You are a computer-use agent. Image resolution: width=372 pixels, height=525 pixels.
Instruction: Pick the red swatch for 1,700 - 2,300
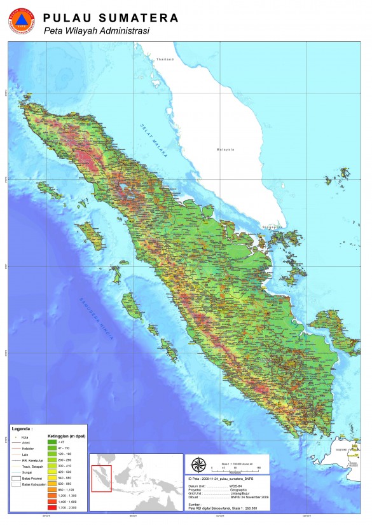pyautogui.click(x=53, y=507)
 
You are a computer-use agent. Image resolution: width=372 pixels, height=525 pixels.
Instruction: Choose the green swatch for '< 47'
pyautogui.click(x=53, y=442)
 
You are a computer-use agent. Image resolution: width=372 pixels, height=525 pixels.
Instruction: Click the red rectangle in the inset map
pyautogui.click(x=102, y=479)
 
